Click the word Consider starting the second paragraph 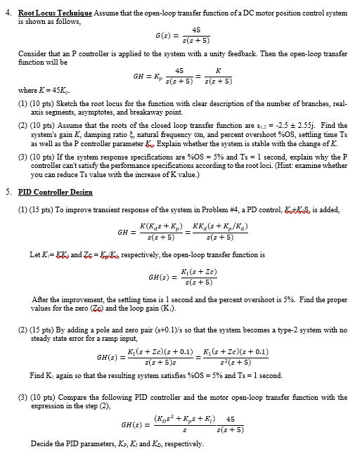[32, 53]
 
